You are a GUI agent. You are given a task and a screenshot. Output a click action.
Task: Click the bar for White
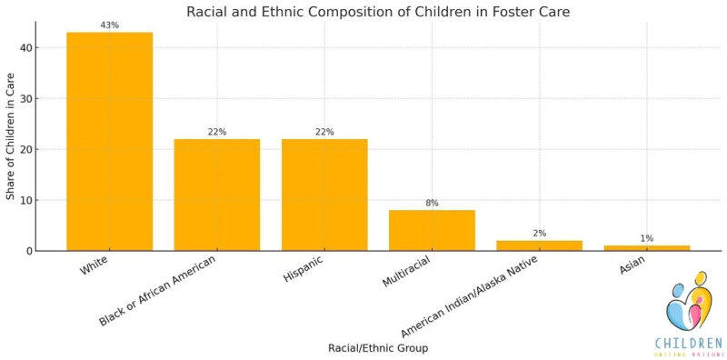(x=109, y=141)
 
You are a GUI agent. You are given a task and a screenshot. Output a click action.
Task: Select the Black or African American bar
(x=216, y=195)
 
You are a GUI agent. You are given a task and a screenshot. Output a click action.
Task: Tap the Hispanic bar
(x=324, y=195)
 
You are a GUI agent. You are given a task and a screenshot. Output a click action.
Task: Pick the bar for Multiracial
(x=432, y=230)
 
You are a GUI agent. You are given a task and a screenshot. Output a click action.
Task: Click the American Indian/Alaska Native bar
(x=539, y=245)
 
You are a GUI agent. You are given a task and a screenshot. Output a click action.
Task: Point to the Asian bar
(x=646, y=247)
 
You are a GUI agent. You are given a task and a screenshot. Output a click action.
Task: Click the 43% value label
(x=109, y=25)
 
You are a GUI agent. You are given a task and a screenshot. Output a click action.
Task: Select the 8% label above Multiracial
(x=432, y=203)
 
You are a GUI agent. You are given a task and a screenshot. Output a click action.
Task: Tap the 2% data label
(x=539, y=234)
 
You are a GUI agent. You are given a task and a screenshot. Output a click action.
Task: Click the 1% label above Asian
(x=646, y=238)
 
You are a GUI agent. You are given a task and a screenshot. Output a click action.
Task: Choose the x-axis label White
(x=96, y=268)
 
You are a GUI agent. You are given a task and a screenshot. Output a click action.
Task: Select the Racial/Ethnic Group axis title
(x=377, y=347)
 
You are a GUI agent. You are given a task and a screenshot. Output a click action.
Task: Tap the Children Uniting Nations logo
(x=688, y=314)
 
